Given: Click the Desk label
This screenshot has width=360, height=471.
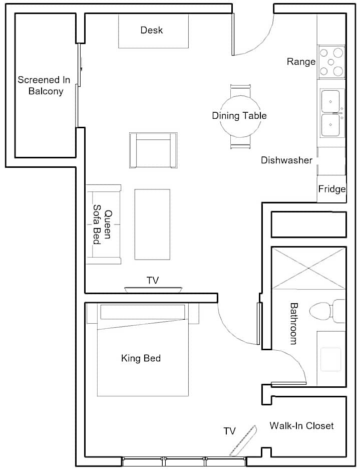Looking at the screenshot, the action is [x=152, y=30].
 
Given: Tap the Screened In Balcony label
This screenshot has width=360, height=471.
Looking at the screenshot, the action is [x=44, y=85].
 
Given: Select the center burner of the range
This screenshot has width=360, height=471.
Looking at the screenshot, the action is [x=331, y=62].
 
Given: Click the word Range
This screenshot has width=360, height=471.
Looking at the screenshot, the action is [x=301, y=62].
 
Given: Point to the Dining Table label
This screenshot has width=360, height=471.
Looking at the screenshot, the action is [x=239, y=116].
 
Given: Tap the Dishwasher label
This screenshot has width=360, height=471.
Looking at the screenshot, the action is [x=287, y=160].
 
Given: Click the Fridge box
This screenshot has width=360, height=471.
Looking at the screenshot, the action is [x=331, y=189].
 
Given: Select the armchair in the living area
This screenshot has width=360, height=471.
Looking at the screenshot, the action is [x=153, y=150].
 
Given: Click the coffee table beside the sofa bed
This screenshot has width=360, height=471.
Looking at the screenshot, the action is [x=152, y=224].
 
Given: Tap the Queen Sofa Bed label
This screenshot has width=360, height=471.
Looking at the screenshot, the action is [x=102, y=224].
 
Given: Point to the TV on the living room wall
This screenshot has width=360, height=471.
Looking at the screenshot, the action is [x=153, y=290].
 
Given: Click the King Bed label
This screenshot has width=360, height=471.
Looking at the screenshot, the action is [x=141, y=358].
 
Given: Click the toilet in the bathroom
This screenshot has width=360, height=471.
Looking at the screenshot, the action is [x=327, y=311].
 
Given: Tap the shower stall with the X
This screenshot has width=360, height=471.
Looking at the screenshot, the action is [x=309, y=268].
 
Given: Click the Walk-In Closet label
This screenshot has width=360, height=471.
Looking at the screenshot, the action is [x=301, y=425].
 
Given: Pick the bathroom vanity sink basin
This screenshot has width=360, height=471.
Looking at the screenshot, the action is [x=330, y=359].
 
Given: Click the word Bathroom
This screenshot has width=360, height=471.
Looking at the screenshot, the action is [x=293, y=323].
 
